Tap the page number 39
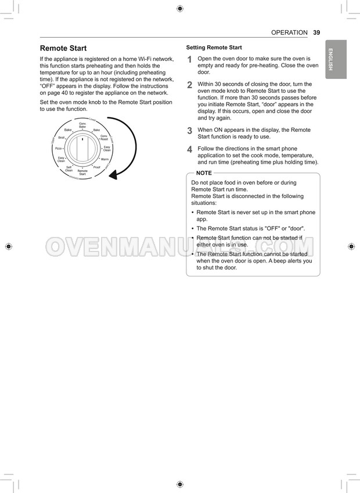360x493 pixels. tap(316, 33)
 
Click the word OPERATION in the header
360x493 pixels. tap(289, 33)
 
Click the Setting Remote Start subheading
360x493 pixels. tap(214, 48)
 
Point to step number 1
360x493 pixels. tap(189, 60)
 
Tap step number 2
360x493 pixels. tap(189, 85)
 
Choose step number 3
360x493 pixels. tap(189, 131)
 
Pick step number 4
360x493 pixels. tap(189, 149)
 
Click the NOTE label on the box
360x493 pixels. tap(204, 173)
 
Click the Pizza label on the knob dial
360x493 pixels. tap(59, 149)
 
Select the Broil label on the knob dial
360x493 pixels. tap(62, 138)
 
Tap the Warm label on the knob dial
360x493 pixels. tap(105, 159)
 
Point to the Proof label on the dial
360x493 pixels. tap(96, 167)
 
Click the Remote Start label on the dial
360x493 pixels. tap(82, 172)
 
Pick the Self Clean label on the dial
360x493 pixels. tap(69, 169)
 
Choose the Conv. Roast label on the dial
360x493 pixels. tap(104, 138)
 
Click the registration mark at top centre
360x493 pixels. tap(179, 8)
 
